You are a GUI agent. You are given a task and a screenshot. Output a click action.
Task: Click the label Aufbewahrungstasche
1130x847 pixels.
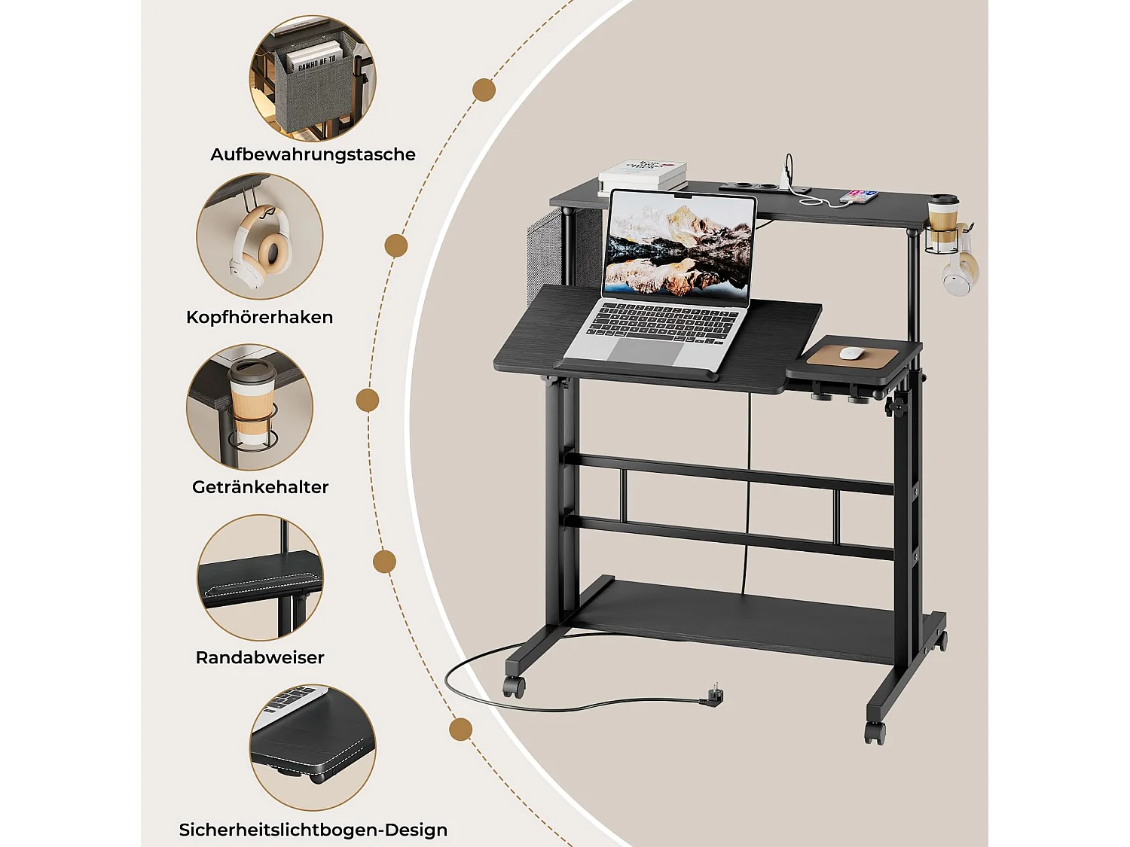click(313, 154)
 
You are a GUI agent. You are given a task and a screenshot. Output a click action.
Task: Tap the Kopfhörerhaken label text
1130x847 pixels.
click(259, 317)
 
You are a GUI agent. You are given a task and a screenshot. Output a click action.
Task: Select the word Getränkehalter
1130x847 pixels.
click(260, 487)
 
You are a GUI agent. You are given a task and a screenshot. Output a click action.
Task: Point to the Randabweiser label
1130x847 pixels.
click(260, 657)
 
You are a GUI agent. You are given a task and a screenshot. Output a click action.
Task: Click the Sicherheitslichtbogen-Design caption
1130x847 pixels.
click(313, 830)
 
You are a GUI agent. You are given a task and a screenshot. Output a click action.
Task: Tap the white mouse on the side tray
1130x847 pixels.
click(851, 352)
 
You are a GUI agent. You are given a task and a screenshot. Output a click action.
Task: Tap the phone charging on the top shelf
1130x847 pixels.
click(860, 197)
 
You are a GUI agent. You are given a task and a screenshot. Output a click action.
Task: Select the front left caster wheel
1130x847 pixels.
click(514, 686)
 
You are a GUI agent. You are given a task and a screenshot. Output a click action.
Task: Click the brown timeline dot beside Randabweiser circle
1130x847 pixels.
click(385, 562)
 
